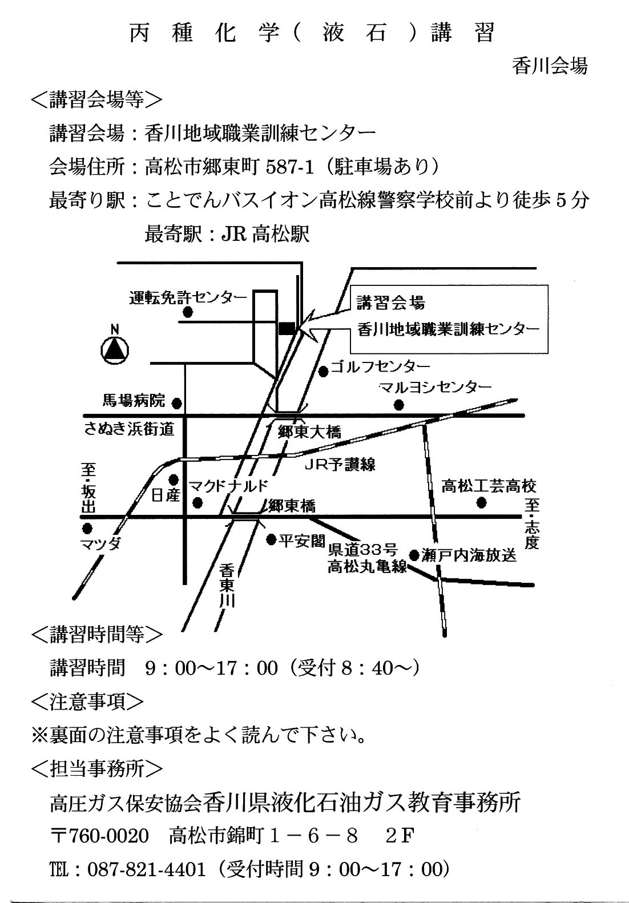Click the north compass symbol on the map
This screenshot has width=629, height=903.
click(115, 350)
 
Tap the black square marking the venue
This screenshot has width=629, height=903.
click(286, 328)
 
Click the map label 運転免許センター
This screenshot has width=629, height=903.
click(187, 297)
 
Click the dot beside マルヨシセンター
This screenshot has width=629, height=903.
click(398, 405)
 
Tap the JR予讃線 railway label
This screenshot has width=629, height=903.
click(340, 464)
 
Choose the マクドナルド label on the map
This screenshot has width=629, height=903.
click(228, 486)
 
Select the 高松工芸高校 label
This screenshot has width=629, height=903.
click(489, 486)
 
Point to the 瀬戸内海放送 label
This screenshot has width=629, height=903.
click(469, 555)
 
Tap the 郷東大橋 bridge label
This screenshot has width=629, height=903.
click(309, 432)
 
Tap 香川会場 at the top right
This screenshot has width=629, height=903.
click(550, 66)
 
